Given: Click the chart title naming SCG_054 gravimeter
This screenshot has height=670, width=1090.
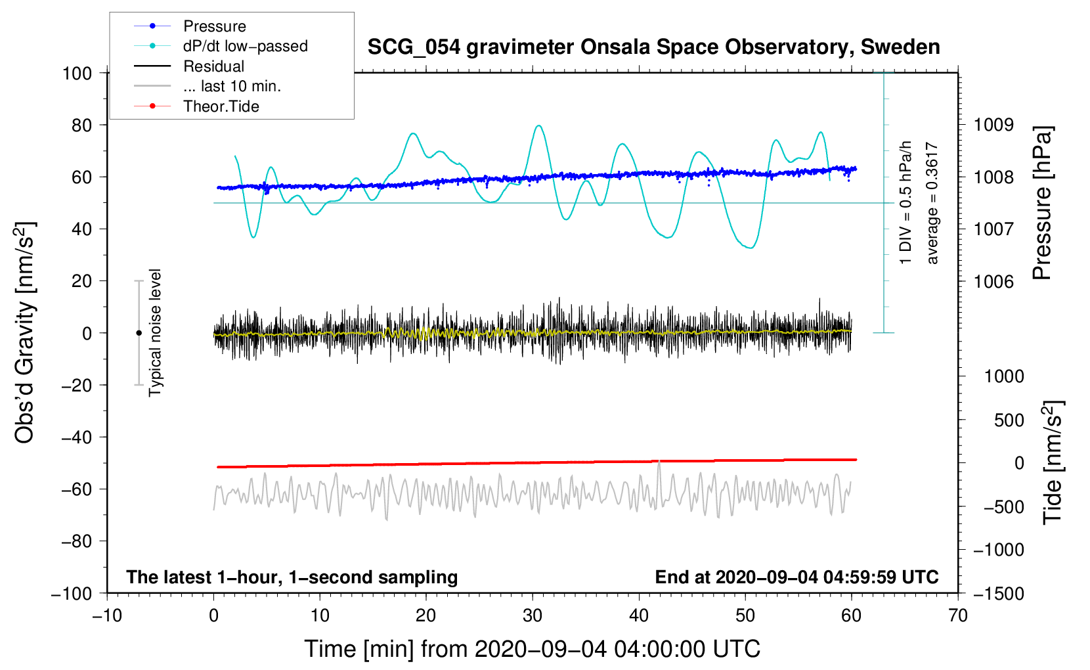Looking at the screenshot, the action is click(653, 47).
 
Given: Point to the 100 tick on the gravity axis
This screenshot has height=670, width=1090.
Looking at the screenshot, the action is click(77, 74).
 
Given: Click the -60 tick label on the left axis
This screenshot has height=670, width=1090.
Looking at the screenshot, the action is click(76, 489).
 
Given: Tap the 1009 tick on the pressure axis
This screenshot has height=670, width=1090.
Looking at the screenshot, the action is click(993, 125).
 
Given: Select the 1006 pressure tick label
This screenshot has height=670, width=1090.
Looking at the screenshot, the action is click(993, 281).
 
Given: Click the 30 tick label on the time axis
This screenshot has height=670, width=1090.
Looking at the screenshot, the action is click(533, 616).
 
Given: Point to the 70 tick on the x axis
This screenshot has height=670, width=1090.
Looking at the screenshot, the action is click(957, 616).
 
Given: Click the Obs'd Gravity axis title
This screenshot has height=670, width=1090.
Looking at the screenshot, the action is click(24, 332).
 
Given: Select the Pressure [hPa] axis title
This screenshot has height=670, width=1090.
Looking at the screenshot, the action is click(1042, 202).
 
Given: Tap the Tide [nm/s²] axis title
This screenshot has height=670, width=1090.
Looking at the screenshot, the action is click(1053, 463).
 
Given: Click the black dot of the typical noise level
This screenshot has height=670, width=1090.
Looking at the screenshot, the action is click(139, 333).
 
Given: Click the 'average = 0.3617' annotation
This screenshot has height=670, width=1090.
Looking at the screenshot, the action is click(931, 203).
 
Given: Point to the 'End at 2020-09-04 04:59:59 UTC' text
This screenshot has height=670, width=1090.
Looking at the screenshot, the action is click(796, 577).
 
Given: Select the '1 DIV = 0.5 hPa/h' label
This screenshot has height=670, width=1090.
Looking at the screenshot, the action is click(905, 202).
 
